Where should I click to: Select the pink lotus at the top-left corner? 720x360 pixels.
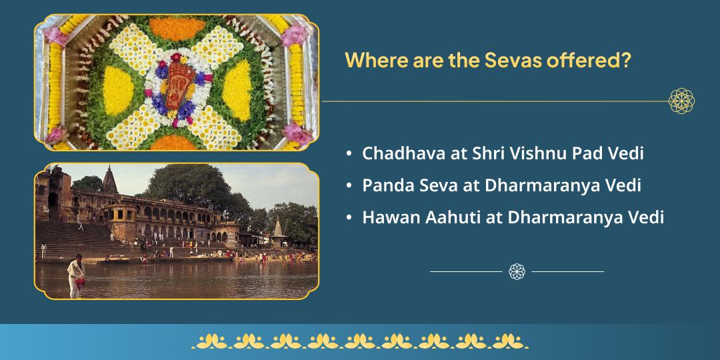point(56,35)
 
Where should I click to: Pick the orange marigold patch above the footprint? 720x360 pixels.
point(177,28)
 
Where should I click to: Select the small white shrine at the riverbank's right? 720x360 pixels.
point(278,228)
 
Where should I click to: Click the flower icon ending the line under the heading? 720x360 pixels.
point(681,101)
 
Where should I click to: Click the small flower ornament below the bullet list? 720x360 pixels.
point(517,271)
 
